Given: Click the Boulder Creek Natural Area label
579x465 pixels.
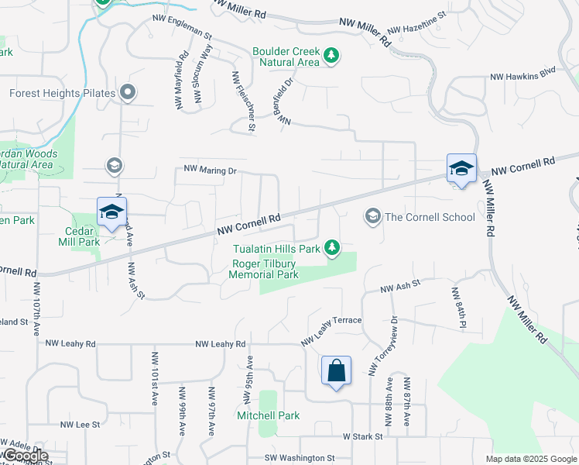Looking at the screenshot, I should [x=286, y=57].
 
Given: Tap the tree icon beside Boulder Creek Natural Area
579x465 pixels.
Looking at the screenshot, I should [x=331, y=55].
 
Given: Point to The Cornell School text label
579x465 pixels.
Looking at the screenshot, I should [x=430, y=217].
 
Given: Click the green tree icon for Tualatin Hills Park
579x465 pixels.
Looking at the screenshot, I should [x=332, y=247].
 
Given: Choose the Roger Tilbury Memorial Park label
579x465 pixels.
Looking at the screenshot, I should [x=264, y=269].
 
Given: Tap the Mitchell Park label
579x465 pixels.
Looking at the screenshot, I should [x=267, y=415].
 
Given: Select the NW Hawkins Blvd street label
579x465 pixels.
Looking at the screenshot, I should [x=523, y=77].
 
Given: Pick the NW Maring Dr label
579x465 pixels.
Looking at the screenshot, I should [x=209, y=168].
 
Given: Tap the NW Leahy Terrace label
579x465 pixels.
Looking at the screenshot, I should [x=331, y=329].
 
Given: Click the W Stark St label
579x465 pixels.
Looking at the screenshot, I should [x=363, y=436].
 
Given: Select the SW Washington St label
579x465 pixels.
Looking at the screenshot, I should [x=299, y=458].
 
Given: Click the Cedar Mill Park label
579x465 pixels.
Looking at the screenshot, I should [x=83, y=236].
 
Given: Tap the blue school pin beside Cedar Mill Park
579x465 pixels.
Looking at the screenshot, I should [x=111, y=212].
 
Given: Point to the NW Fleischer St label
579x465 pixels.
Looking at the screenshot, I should [x=242, y=101].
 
